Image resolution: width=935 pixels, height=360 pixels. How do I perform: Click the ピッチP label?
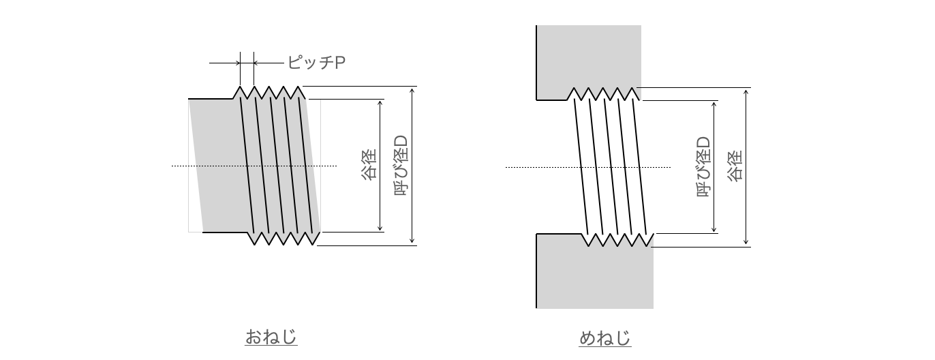click(x=316, y=63)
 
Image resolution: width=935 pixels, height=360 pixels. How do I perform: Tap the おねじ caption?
click(x=271, y=337)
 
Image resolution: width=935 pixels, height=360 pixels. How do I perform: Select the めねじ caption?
click(x=605, y=338)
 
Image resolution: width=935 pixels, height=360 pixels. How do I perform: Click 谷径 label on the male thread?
click(x=369, y=165)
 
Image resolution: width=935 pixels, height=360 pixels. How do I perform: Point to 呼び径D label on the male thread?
click(x=401, y=166)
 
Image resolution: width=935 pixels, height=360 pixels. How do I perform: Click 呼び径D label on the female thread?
click(x=704, y=166)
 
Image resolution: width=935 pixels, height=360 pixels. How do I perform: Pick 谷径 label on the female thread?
click(x=735, y=166)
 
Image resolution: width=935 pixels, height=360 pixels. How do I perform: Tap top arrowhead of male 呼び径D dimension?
click(x=412, y=90)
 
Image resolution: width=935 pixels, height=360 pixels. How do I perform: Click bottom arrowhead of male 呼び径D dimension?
click(x=412, y=241)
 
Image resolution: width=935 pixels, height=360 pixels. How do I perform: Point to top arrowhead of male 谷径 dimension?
click(x=380, y=103)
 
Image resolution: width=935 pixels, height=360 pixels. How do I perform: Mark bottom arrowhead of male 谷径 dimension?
click(x=380, y=228)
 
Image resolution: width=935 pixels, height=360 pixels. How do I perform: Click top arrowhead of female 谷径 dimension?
click(x=746, y=91)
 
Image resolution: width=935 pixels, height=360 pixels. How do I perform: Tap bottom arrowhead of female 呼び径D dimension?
click(x=714, y=229)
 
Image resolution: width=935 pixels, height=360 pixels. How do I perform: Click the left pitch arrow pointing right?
click(x=225, y=63)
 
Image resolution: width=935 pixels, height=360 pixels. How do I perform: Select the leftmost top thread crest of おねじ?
click(x=240, y=87)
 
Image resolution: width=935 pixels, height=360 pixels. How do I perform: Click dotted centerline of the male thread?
click(x=254, y=166)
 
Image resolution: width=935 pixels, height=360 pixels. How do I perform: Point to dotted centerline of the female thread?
click(x=588, y=168)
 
